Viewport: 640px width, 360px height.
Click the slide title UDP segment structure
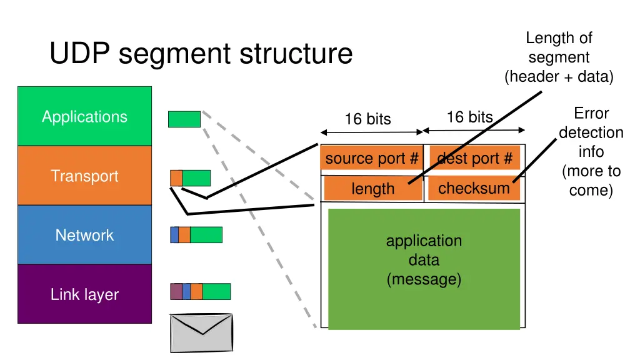201,54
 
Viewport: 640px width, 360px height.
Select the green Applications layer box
84,116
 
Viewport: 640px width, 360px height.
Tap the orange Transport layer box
84,176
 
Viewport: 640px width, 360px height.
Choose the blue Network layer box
84,235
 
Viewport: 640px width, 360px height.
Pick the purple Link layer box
84,294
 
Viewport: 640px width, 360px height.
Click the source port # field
371,159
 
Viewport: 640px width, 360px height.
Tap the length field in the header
372,188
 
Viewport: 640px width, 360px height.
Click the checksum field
474,187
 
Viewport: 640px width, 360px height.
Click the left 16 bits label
367,119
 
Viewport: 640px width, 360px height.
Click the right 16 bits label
469,117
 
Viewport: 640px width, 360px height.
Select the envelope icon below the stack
201,333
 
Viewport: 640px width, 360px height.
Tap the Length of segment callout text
559,57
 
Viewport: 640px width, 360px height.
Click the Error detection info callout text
591,151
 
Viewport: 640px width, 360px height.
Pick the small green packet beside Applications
184,119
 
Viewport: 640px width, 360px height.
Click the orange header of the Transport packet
176,178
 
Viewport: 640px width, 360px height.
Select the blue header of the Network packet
174,235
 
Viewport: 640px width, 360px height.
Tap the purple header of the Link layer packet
176,291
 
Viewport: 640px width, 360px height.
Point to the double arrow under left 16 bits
372,132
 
